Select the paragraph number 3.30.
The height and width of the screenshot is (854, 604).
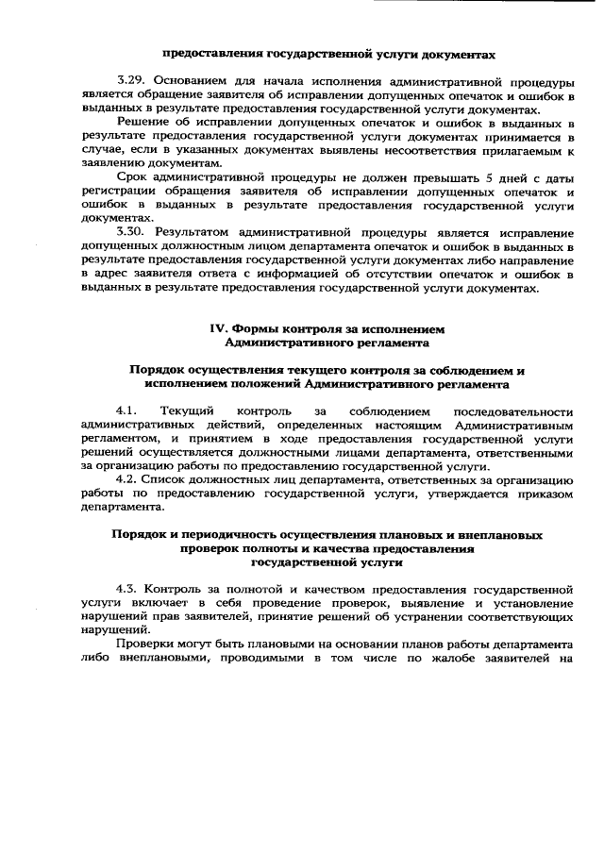[130, 231]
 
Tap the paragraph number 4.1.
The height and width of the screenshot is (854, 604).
[126, 412]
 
